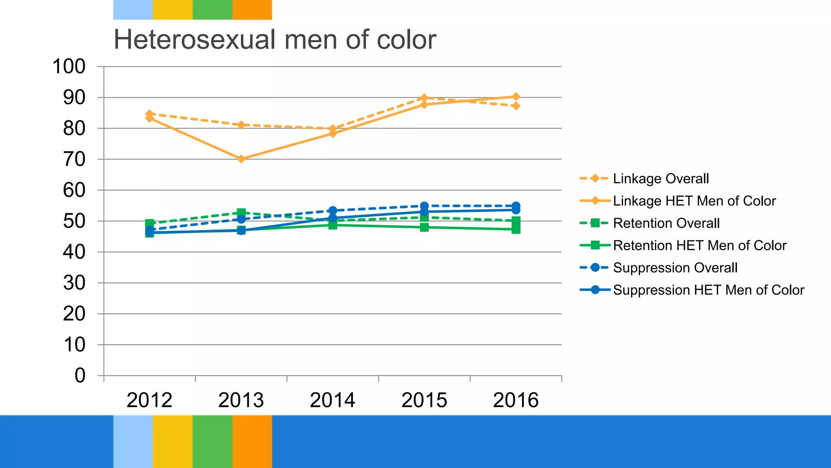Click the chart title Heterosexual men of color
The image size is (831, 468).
click(275, 40)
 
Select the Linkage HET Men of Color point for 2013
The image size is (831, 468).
click(241, 159)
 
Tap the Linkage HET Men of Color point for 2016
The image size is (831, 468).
click(516, 97)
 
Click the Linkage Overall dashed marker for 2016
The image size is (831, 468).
click(516, 106)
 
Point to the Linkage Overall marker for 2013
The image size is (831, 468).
click(241, 125)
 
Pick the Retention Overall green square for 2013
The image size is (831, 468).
click(241, 212)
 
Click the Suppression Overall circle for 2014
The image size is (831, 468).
click(333, 210)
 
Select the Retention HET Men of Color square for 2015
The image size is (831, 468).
click(424, 227)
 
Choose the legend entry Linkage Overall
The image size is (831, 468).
click(661, 178)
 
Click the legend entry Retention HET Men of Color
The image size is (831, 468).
click(700, 245)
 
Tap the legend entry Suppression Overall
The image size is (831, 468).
click(675, 268)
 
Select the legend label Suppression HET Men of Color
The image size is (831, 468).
click(708, 290)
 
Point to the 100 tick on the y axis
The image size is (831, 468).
click(69, 67)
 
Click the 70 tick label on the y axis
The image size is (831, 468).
click(74, 159)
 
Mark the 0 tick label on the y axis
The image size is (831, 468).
click(80, 375)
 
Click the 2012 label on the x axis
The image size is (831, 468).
click(149, 400)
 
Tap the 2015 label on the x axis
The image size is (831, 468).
click(424, 400)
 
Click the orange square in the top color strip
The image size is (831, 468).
click(252, 10)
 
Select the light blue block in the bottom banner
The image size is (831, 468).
click(133, 441)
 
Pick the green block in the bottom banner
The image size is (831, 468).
click(212, 441)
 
